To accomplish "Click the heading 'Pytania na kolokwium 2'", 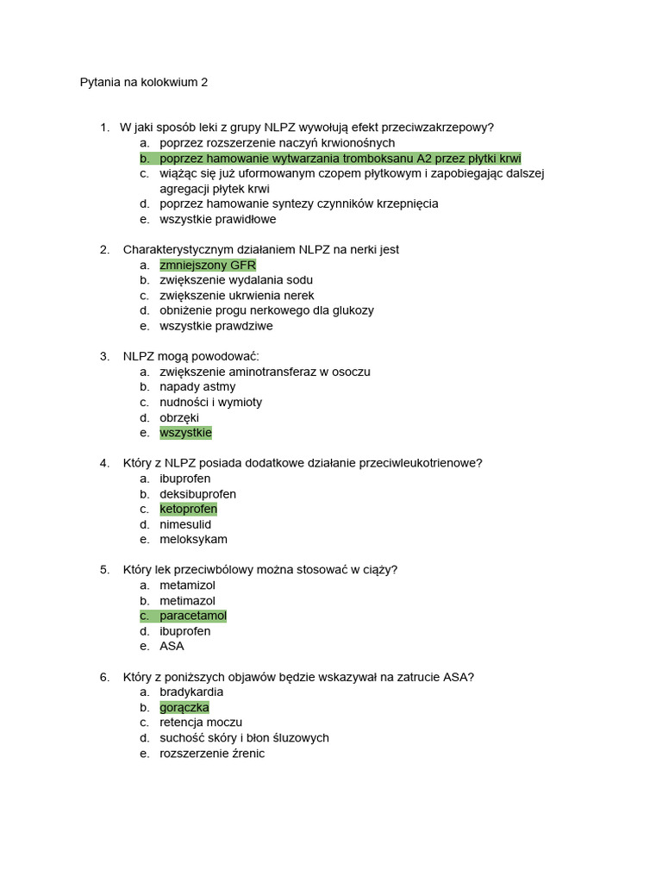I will click(144, 83).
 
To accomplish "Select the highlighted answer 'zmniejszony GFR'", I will click(208, 265).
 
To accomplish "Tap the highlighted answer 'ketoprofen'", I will click(188, 509).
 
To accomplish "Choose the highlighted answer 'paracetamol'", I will click(192, 616).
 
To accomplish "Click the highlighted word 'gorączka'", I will click(184, 707).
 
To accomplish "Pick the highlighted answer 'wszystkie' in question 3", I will click(185, 433).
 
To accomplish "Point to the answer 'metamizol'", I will click(187, 586).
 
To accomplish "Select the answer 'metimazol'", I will click(187, 600).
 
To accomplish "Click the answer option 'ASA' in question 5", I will click(172, 646).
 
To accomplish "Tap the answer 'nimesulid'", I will click(185, 524).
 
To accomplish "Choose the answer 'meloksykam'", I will click(193, 540).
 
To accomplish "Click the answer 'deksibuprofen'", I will click(197, 494).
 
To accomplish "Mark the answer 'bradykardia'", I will click(191, 692).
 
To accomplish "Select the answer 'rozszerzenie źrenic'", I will click(212, 754).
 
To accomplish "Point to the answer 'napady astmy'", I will click(197, 387).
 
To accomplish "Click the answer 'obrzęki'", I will click(179, 417).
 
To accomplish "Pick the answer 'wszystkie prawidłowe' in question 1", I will click(218, 219).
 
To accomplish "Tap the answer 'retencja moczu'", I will click(201, 723).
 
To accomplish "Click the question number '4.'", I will click(104, 463).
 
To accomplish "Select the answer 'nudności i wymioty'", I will click(210, 402).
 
